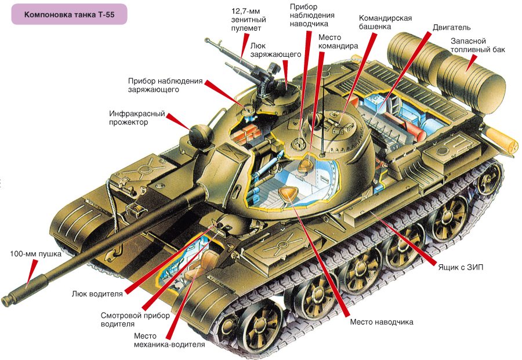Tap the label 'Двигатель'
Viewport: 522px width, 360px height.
(x=451, y=28)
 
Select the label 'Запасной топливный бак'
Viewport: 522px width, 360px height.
(x=477, y=45)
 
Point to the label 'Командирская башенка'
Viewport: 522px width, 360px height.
(x=385, y=22)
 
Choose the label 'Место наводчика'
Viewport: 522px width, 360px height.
(x=381, y=322)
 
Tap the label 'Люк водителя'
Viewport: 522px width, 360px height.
(x=97, y=294)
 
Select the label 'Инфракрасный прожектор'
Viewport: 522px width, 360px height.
(x=137, y=118)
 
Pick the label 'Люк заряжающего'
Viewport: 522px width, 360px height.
(x=275, y=50)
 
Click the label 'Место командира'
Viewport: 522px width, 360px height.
(x=338, y=41)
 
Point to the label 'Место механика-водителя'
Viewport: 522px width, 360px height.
(x=169, y=340)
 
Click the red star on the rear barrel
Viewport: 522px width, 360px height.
(x=513, y=146)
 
